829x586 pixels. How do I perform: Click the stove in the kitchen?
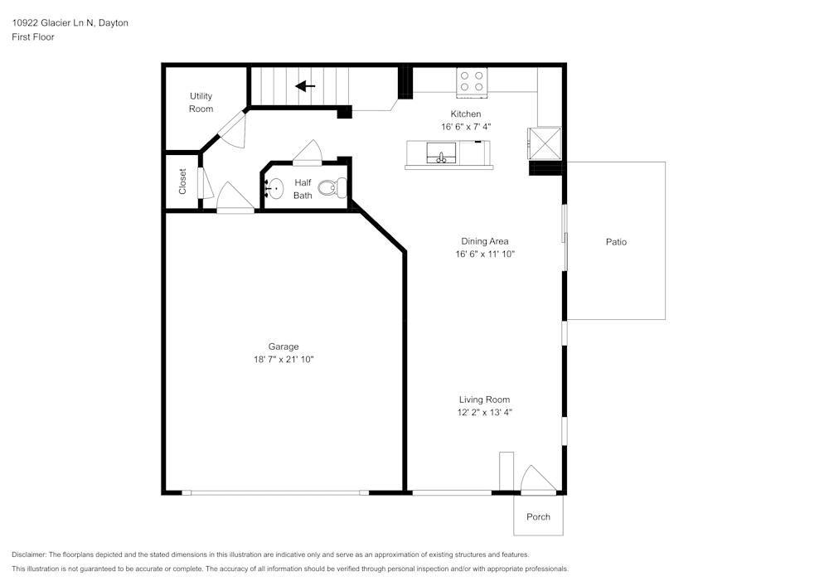coord(473,82)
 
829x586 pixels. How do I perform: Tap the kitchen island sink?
coord(441,153)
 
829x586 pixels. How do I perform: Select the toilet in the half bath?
coord(332,187)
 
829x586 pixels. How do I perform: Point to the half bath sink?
coord(274,188)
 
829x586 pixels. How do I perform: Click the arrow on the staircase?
coord(305,86)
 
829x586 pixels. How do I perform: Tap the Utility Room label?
coord(201,103)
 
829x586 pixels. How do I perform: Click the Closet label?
coord(182,182)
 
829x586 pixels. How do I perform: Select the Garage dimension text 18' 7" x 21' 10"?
coord(284,360)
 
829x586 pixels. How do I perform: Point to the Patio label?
coord(616,242)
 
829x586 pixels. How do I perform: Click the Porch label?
coord(538,516)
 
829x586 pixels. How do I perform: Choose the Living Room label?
coord(484,400)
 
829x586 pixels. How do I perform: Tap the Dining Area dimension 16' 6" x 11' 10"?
coord(485,254)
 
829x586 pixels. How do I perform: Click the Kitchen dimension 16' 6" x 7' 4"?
coord(466,127)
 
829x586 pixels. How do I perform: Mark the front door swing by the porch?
coord(538,480)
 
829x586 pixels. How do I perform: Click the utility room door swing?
coord(233,130)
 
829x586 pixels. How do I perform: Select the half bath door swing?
coord(308,153)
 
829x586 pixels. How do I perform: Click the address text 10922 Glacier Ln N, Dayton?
coord(70,22)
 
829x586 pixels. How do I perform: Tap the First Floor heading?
coord(33,37)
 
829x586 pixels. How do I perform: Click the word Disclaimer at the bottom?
coord(28,555)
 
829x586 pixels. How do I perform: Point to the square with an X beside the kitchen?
coord(545,143)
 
